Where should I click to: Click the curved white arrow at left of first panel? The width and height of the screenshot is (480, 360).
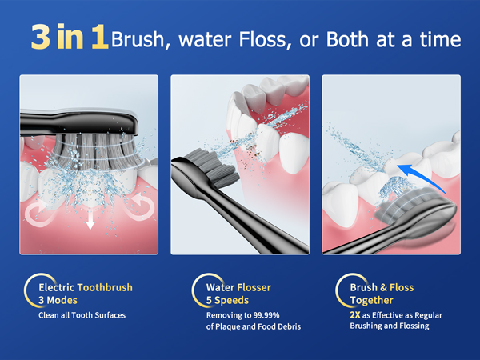tap(36, 212)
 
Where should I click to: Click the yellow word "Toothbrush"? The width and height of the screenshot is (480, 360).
tap(105, 287)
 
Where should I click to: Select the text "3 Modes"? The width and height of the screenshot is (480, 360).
tap(57, 300)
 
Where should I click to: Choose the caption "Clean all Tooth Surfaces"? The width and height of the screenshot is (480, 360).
tap(82, 315)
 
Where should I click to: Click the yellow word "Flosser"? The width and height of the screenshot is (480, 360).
tap(254, 287)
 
